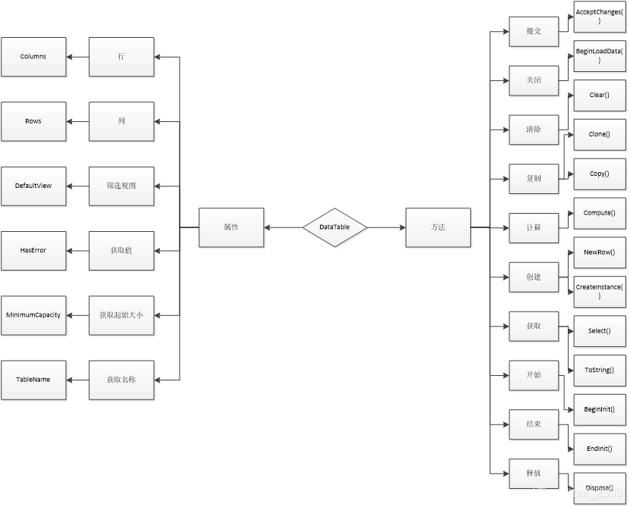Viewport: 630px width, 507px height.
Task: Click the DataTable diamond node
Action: tap(335, 227)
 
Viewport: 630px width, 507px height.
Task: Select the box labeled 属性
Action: tap(231, 227)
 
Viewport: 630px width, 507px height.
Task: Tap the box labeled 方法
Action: tap(438, 227)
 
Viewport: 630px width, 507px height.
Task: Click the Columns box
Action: tap(33, 57)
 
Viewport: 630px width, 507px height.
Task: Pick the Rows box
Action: tap(33, 121)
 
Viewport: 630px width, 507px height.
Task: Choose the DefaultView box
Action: tap(33, 186)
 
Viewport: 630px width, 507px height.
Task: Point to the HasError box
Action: tap(33, 250)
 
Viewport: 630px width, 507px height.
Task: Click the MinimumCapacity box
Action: tap(33, 315)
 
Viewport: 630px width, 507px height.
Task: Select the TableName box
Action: tap(33, 379)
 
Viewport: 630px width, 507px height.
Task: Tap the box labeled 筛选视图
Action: tap(122, 186)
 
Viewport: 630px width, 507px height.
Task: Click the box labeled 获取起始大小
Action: tap(122, 315)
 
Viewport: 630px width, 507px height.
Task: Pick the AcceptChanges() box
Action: tap(599, 17)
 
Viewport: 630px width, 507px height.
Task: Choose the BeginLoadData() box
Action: tap(599, 56)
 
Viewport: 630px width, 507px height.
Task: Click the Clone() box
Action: tap(599, 135)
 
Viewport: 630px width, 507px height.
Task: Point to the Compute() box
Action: tap(599, 214)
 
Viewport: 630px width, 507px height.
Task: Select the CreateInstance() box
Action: tap(599, 292)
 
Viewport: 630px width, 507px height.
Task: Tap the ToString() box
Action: tap(599, 371)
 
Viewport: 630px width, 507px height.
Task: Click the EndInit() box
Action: tap(599, 449)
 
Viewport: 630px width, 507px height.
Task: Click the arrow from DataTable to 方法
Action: tap(387, 227)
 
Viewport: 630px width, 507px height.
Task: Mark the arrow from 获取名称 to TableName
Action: tap(78, 379)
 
